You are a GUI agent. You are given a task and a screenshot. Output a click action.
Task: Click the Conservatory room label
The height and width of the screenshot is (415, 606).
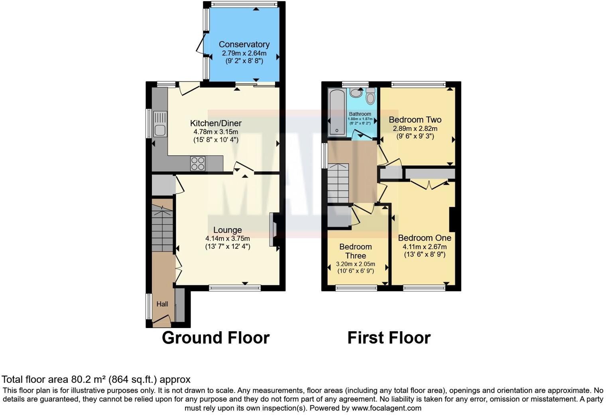click(x=244, y=44)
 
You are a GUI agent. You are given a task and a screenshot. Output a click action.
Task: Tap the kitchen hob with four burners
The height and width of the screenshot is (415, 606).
click(x=198, y=163)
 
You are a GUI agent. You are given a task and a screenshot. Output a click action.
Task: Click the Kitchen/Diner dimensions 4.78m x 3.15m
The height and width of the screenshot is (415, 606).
click(x=216, y=132)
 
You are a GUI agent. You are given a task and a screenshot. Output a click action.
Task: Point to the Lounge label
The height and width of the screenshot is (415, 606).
click(x=228, y=230)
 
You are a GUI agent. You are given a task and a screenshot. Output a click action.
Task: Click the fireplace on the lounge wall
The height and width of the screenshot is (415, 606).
click(x=273, y=230)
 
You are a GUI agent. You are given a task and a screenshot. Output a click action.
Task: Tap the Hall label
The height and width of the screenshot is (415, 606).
click(x=162, y=304)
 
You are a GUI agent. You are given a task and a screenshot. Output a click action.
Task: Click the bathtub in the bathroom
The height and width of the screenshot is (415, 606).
click(x=337, y=113)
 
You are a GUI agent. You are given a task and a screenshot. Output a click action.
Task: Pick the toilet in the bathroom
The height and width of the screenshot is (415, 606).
click(x=370, y=97)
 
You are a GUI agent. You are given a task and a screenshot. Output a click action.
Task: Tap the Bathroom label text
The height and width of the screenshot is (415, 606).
click(x=360, y=114)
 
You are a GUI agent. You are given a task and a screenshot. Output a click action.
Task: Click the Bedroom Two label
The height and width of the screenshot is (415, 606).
click(x=415, y=120)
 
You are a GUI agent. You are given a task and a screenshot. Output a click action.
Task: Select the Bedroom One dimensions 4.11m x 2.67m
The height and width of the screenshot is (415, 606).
click(x=425, y=247)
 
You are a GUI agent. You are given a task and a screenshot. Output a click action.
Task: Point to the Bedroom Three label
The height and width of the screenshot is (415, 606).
click(x=356, y=251)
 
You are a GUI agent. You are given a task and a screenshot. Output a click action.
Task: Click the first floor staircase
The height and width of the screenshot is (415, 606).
click(x=338, y=184)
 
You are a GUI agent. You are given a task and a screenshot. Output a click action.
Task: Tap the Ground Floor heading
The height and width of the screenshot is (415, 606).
click(x=216, y=338)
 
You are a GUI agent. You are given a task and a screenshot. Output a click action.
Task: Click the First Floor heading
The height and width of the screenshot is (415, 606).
click(x=389, y=338)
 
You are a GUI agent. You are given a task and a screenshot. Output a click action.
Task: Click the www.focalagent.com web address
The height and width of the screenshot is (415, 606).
click(x=386, y=408)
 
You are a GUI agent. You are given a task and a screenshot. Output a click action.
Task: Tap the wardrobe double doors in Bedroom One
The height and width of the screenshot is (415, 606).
click(x=429, y=184)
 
